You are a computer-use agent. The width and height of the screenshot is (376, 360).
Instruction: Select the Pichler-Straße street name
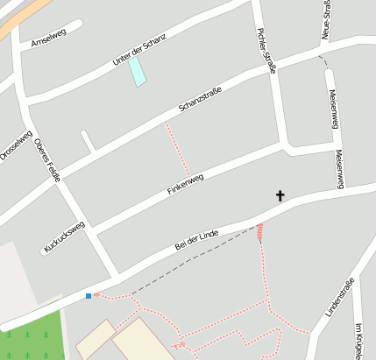(266, 51)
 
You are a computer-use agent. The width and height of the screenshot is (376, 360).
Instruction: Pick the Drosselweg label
(15, 145)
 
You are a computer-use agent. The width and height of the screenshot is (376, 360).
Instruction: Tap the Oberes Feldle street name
(47, 163)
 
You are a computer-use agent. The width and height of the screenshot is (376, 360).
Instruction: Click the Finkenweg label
(184, 185)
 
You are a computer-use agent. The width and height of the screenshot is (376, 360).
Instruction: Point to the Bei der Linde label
(195, 238)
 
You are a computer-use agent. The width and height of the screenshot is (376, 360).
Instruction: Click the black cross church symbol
(280, 195)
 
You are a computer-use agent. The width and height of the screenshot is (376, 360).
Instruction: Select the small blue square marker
(89, 296)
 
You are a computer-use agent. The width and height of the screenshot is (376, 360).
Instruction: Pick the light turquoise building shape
(137, 72)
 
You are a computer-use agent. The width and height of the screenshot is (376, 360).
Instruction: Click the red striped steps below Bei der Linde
(259, 231)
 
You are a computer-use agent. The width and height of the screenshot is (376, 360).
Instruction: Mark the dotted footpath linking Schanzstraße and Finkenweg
(176, 149)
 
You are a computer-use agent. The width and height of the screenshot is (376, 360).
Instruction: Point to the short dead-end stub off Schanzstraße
(88, 141)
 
